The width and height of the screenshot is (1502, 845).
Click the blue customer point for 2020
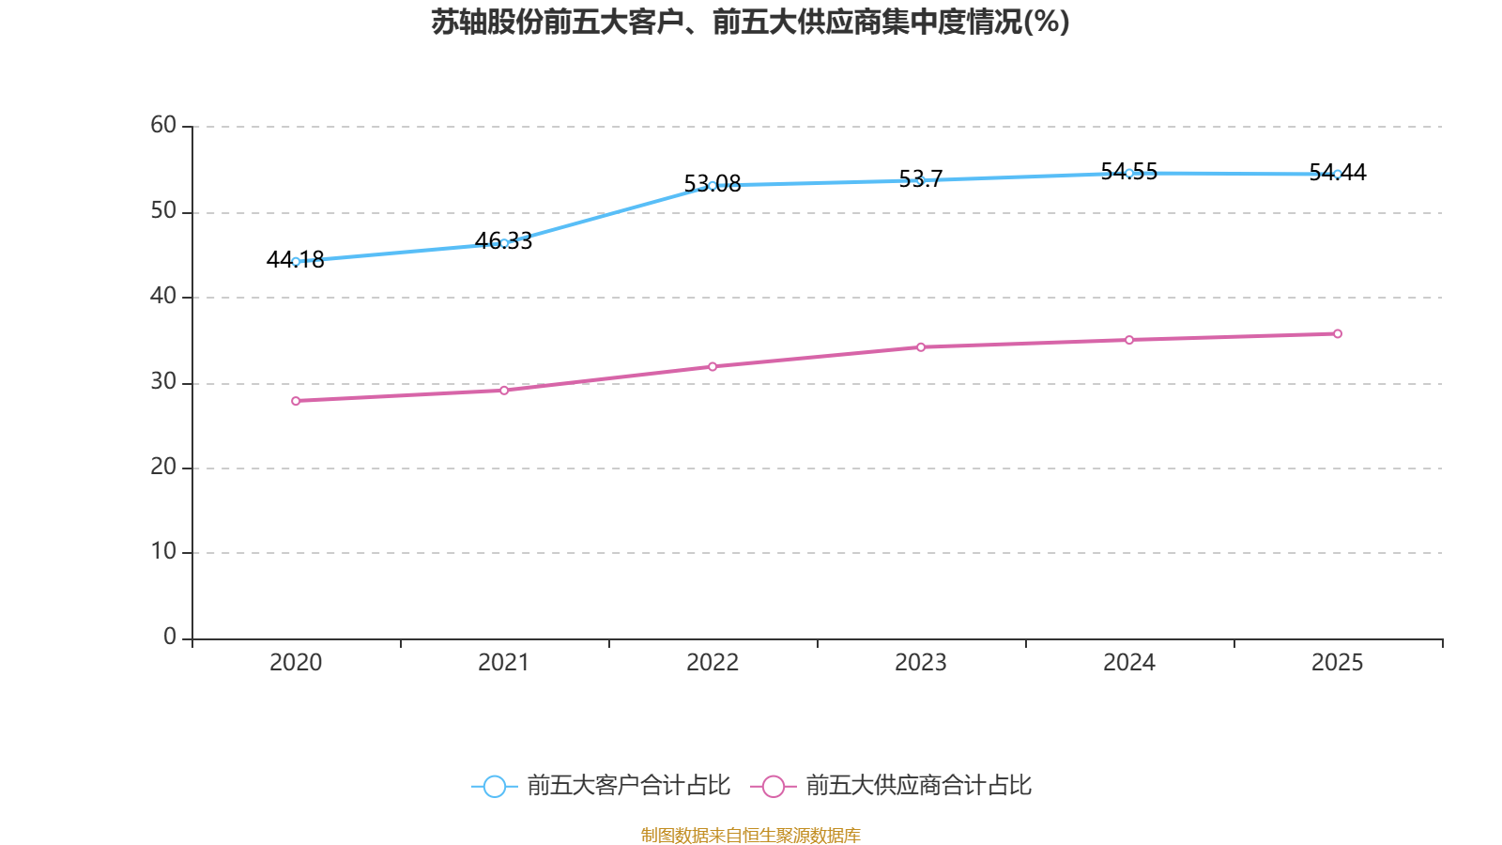point(296,261)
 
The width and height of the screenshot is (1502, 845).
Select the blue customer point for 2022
point(713,185)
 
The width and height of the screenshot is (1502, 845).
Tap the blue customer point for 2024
point(1129,173)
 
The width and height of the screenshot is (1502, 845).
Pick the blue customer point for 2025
point(1338,174)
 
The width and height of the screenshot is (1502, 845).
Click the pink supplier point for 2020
point(296,401)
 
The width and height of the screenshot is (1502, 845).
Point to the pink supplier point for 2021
point(504,390)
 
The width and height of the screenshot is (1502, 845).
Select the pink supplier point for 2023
point(921,346)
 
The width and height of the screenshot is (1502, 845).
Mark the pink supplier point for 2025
point(1338,333)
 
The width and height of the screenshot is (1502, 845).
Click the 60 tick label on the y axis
point(163,125)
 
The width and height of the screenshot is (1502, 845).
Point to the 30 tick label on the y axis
point(163,381)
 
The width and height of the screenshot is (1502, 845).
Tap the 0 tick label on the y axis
point(170,637)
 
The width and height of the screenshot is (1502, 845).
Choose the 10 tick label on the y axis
point(163,551)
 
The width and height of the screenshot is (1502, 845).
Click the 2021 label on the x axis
point(504,663)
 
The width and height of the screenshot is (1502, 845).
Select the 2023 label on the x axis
point(921,663)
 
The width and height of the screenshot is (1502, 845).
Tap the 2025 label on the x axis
point(1338,663)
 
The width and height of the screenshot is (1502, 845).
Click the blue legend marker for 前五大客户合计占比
point(494,786)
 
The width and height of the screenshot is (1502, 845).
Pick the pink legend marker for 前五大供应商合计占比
point(774,786)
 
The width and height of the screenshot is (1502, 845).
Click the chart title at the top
point(750,22)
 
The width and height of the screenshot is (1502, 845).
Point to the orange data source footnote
point(750,835)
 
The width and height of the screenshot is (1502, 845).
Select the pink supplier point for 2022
point(713,366)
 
